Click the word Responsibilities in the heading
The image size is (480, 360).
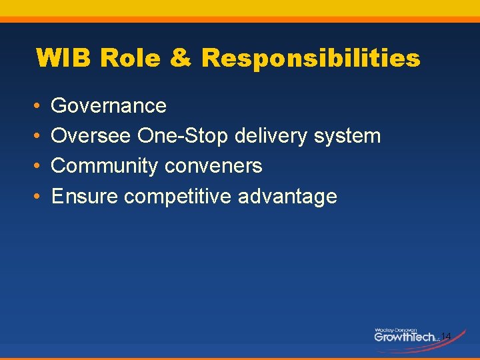(311, 58)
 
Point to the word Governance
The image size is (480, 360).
(109, 105)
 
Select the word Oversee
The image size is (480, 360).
(91, 136)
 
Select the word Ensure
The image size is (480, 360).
(85, 197)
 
